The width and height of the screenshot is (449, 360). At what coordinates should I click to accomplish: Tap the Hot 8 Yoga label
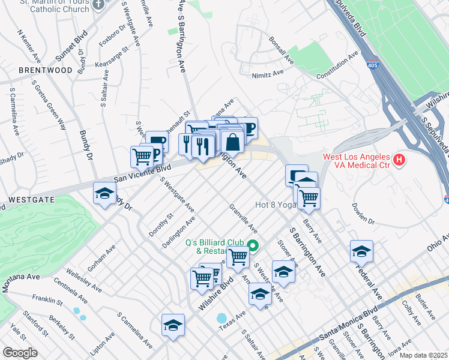276,205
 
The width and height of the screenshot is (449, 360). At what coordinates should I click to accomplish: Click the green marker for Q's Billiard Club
253,245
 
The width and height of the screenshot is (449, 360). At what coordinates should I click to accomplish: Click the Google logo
20,353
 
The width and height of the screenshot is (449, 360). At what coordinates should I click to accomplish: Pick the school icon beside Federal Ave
361,251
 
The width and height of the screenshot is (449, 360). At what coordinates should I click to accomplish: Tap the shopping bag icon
232,142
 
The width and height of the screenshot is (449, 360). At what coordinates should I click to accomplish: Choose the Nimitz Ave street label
270,73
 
